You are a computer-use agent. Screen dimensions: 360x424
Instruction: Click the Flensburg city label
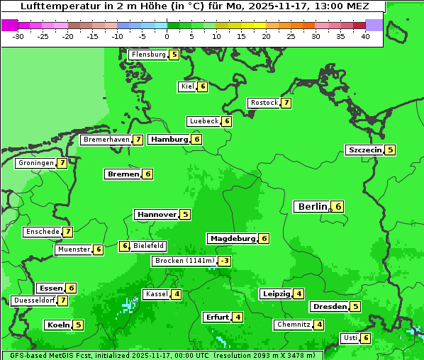(x=149, y=55)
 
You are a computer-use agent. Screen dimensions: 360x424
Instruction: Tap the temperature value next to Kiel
(x=202, y=86)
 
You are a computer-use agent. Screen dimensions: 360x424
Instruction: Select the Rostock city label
(x=264, y=103)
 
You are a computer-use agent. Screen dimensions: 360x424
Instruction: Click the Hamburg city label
(x=169, y=139)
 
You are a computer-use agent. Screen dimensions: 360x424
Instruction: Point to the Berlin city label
(x=313, y=206)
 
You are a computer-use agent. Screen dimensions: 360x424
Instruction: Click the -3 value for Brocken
(x=225, y=261)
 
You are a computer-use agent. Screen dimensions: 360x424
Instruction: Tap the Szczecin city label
(x=364, y=150)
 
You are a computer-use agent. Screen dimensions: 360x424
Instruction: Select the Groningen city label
(x=36, y=163)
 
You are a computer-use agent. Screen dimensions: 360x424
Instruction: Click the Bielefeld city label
(x=149, y=246)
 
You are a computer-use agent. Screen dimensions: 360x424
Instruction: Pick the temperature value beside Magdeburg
(x=264, y=238)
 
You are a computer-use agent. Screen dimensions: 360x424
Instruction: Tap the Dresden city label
(x=330, y=307)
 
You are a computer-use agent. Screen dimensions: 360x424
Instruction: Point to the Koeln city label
(x=58, y=325)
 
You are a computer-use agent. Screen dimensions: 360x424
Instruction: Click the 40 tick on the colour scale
(x=365, y=35)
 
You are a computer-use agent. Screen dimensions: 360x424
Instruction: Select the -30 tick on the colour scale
(x=18, y=35)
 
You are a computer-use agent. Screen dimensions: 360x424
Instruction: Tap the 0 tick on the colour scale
(x=167, y=35)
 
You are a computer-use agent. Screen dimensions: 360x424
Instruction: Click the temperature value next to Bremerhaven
(x=138, y=140)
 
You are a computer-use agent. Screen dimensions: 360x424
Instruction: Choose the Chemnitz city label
(x=294, y=325)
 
